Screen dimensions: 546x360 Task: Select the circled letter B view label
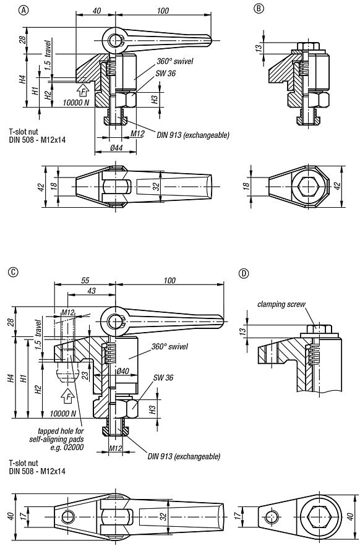(x=258, y=9)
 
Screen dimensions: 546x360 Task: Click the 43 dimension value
(x=91, y=291)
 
